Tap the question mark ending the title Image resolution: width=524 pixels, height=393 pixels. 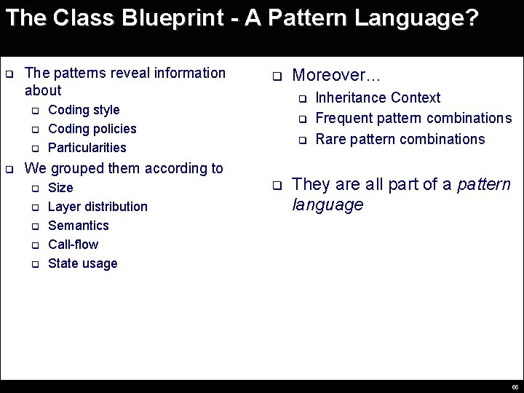[473, 17]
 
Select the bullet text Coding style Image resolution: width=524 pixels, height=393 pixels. [84, 110]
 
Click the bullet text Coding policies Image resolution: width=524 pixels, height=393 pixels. [92, 129]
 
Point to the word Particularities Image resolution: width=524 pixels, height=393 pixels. [87, 148]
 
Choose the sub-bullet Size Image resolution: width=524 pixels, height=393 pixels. [60, 188]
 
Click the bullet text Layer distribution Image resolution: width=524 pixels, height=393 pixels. [98, 207]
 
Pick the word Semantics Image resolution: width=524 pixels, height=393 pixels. [79, 226]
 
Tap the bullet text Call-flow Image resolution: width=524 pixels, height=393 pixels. [73, 245]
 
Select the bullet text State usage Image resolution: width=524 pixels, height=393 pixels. [82, 263]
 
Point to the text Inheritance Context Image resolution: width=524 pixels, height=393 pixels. [378, 98]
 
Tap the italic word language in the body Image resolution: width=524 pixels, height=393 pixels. [327, 205]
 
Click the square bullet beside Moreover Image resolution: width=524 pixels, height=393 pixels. [277, 76]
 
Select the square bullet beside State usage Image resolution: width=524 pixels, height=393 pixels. [34, 264]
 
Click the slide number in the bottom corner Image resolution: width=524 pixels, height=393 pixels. [515, 387]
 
